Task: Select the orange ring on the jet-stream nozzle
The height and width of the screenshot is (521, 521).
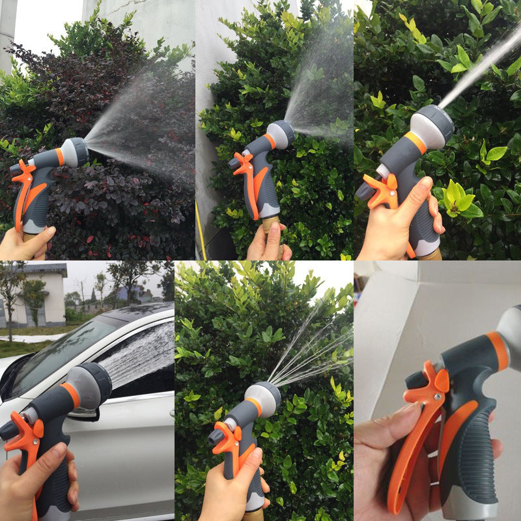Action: pyautogui.click(x=417, y=142)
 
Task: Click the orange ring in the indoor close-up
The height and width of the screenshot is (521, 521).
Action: pyautogui.click(x=498, y=352)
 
